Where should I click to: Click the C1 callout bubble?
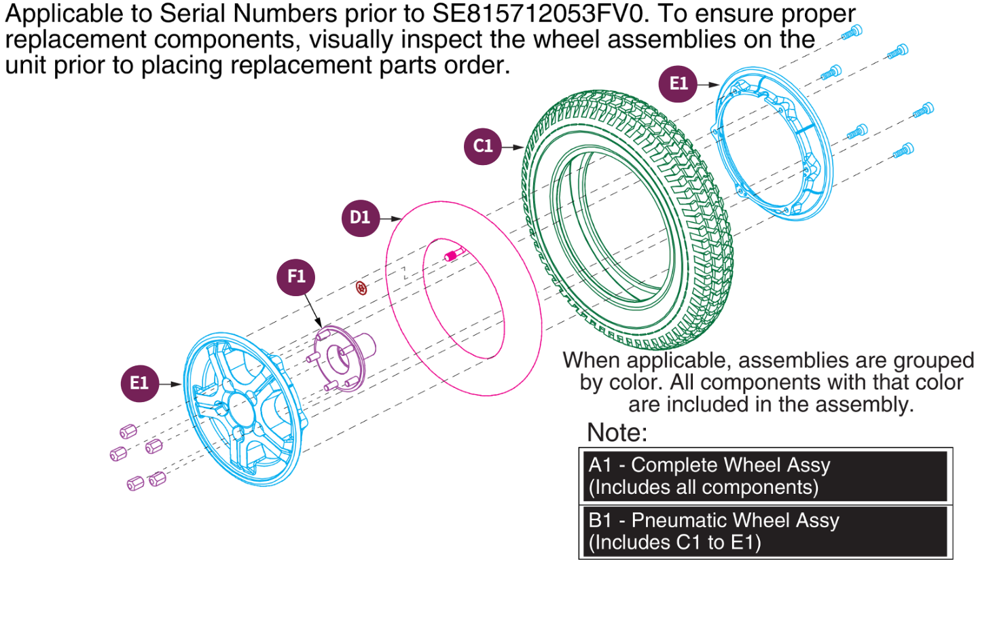pos(482,146)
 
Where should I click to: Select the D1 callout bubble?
pos(360,218)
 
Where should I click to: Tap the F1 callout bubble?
pos(296,277)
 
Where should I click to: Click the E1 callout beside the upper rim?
pos(678,84)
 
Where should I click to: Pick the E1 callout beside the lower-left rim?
pos(139,383)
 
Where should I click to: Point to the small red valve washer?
pos(361,288)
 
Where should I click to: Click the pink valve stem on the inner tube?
pos(452,255)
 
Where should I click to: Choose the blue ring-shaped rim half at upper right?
pos(774,143)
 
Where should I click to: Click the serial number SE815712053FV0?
pos(541,14)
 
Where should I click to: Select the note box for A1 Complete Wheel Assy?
pos(765,476)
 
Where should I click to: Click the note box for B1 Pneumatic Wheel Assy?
pos(765,531)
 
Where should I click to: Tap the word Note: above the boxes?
pos(617,433)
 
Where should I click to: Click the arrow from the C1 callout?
pos(512,147)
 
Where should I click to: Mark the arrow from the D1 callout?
pos(390,219)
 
